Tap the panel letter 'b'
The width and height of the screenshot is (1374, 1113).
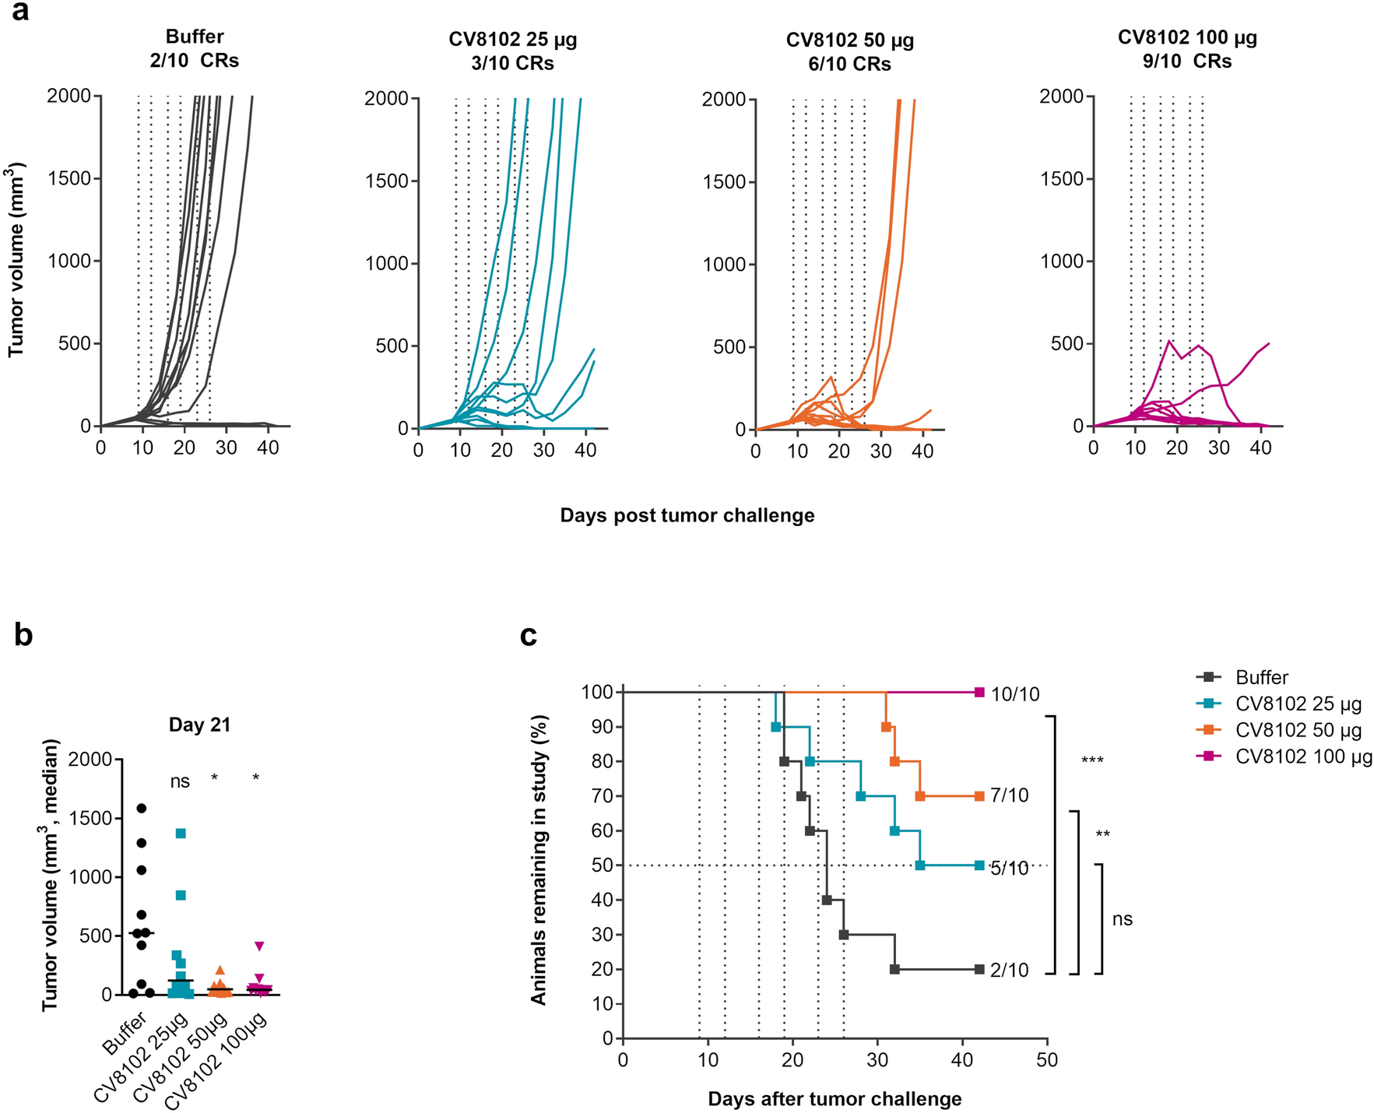pos(23,635)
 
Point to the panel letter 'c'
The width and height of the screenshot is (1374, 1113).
pos(529,635)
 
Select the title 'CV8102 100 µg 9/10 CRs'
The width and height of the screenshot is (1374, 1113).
pos(1187,49)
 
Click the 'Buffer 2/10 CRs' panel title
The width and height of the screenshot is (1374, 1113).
pos(195,48)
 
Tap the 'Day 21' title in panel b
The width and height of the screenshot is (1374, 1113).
pos(199,725)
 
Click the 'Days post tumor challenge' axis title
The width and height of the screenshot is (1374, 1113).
pos(687,515)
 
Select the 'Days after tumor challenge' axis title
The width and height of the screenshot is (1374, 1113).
pos(835,1099)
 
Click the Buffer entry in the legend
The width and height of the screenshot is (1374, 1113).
pos(1261,677)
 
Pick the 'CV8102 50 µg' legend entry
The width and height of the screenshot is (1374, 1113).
pos(1298,731)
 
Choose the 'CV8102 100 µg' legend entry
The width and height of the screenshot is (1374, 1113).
pos(1303,757)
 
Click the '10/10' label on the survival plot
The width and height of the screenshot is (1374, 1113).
pos(1015,694)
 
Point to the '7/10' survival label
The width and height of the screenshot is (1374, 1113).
pos(1010,795)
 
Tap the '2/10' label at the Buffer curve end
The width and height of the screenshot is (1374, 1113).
pos(1010,971)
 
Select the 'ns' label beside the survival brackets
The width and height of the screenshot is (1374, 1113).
pos(1122,919)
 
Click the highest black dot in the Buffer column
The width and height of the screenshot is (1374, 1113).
pos(142,808)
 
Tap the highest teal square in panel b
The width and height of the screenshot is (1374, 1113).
pos(181,834)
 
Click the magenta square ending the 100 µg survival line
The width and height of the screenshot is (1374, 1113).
pos(979,692)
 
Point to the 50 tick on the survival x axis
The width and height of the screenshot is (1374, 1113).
pos(1047,1059)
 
